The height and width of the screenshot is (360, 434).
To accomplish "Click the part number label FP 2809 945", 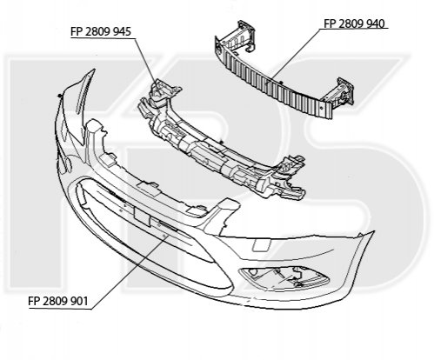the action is pos(101,31).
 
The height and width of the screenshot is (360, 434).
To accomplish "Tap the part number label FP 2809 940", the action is pos(354,23).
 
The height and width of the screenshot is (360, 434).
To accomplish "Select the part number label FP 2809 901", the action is pos(58,301).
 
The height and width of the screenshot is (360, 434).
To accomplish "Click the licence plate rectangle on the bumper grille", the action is pos(142,215).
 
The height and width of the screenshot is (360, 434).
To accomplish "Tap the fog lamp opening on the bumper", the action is pos(284,277).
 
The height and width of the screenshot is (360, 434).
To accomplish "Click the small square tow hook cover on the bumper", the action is pos(262,244).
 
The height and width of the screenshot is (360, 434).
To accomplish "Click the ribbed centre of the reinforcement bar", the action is pos(276,84).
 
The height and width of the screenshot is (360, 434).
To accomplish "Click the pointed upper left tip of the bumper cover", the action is pos(94,70).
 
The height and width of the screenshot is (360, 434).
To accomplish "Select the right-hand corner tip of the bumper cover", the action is pos(374,232).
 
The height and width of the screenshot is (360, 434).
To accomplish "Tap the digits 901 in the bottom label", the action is pos(79,301).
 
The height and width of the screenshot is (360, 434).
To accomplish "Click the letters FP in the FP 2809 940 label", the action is pos(330,23).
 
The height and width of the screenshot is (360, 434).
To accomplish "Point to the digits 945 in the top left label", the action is pos(123,31).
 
